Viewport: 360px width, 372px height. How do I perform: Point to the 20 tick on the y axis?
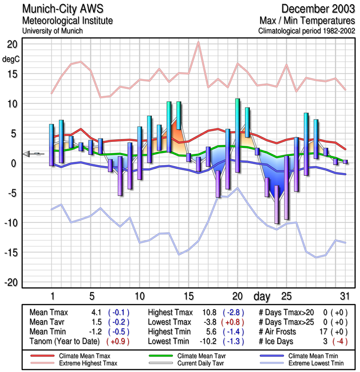pyautogui.click(x=12, y=44)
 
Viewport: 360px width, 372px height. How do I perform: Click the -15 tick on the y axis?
pyautogui.click(x=10, y=253)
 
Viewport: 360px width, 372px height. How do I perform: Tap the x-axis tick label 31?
pyautogui.click(x=344, y=296)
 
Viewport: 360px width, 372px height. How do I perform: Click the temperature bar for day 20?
pyautogui.click(x=237, y=135)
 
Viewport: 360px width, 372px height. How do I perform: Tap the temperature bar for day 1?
pyautogui.click(x=52, y=145)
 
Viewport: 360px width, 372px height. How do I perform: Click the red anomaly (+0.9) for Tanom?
pyautogui.click(x=118, y=341)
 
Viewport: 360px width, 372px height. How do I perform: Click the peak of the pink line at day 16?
pyautogui.click(x=198, y=42)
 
